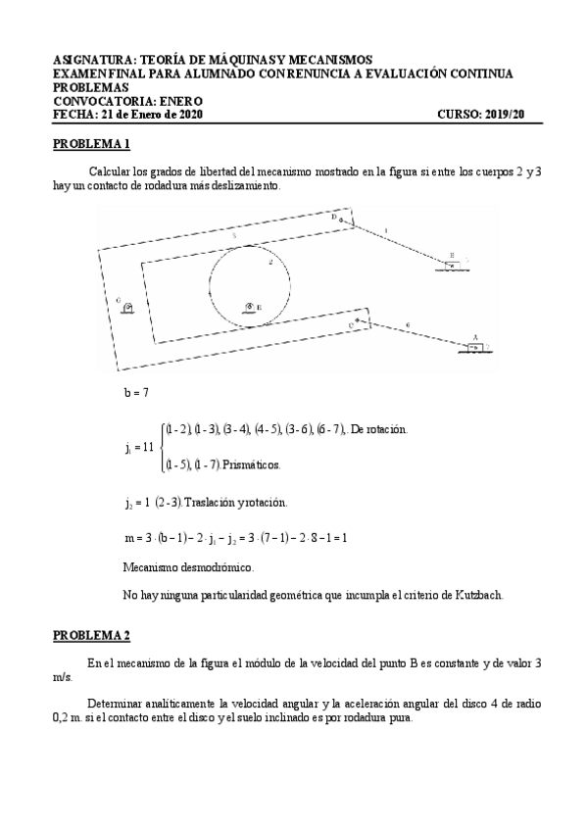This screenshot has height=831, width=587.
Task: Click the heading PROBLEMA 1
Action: [x=91, y=144]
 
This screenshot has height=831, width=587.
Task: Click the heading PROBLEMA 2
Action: [x=91, y=636]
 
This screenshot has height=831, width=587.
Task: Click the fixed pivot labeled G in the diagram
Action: [x=128, y=307]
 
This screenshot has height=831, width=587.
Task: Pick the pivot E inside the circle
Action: [x=250, y=308]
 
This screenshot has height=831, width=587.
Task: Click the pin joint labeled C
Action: [x=359, y=319]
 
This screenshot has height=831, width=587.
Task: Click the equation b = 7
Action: [x=135, y=392]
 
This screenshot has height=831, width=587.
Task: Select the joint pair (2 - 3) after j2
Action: [x=169, y=502]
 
